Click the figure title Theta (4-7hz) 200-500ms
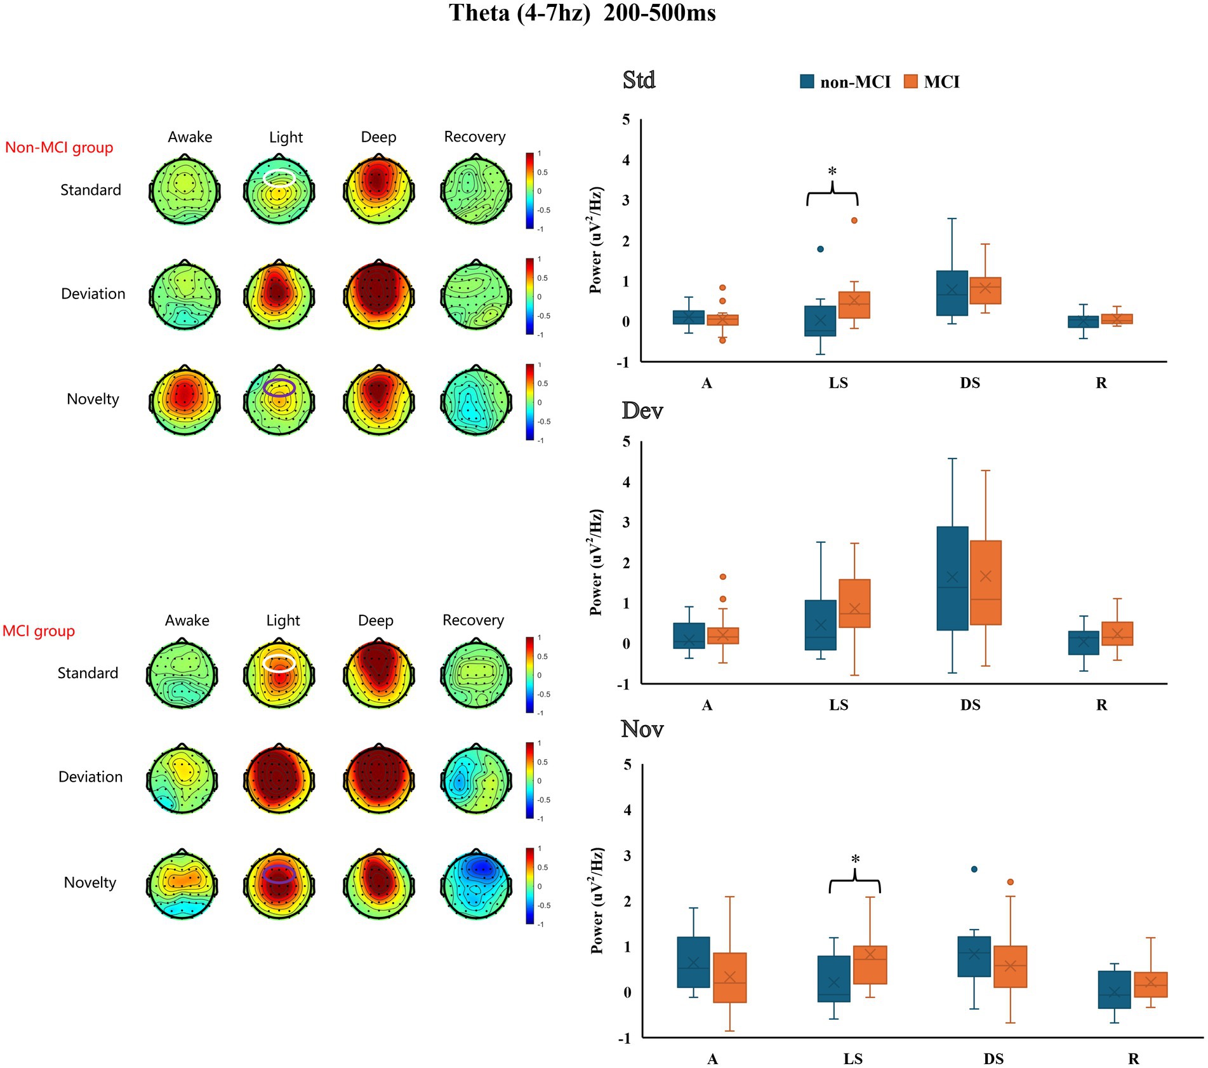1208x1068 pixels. click(x=582, y=13)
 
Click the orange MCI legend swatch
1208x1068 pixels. click(x=910, y=81)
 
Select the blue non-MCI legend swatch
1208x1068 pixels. click(x=807, y=81)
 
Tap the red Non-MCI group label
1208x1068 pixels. click(x=59, y=148)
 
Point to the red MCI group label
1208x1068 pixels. click(x=39, y=631)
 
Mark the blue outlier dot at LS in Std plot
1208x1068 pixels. click(x=820, y=249)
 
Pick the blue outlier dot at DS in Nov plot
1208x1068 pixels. click(x=974, y=869)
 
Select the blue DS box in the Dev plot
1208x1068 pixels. click(x=952, y=578)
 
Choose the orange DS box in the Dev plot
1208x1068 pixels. click(x=985, y=582)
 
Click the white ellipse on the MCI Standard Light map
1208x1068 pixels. click(x=279, y=663)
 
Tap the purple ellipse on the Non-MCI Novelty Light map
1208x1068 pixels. click(x=279, y=387)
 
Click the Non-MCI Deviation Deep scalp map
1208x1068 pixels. click(x=378, y=295)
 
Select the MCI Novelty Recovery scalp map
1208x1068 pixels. click(x=475, y=883)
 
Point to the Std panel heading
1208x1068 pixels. click(x=639, y=81)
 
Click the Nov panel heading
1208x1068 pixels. click(x=642, y=729)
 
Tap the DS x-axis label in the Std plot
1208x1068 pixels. click(x=969, y=383)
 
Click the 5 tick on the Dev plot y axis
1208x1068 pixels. click(x=626, y=442)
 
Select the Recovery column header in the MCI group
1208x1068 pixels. click(x=473, y=620)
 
